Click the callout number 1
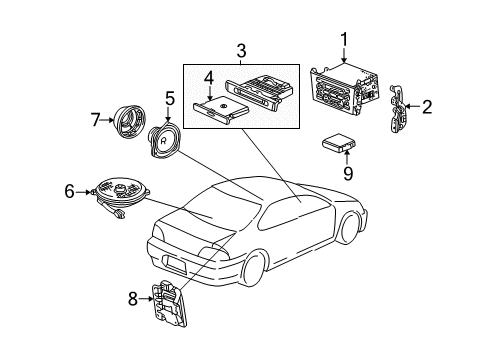pyautogui.click(x=344, y=39)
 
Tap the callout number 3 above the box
pyautogui.click(x=241, y=50)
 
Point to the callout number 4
pyautogui.click(x=208, y=77)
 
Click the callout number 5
pyautogui.click(x=170, y=99)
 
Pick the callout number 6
pyautogui.click(x=69, y=188)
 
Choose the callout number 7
pyautogui.click(x=96, y=121)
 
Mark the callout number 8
pyautogui.click(x=134, y=296)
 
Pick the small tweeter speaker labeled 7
pyautogui.click(x=129, y=121)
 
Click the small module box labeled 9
pyautogui.click(x=341, y=147)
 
